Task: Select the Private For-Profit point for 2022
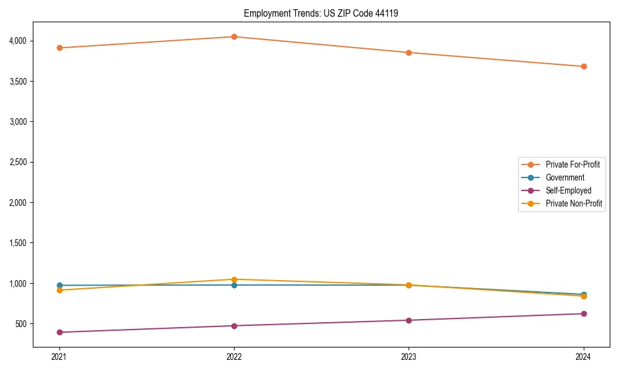coord(234,37)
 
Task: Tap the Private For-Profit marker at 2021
coord(59,48)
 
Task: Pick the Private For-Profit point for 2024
coord(583,66)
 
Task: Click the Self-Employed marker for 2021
coord(59,332)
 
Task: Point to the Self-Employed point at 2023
coord(409,320)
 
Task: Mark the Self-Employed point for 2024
coord(583,313)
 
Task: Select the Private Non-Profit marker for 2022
coord(234,279)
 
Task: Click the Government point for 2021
coord(59,286)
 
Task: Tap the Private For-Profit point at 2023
coord(409,53)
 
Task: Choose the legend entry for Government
coord(565,177)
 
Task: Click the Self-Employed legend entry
coord(568,190)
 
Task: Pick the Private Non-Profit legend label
coord(574,203)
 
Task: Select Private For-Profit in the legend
coord(573,164)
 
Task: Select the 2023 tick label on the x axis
coord(409,357)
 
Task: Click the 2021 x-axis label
coord(59,357)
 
